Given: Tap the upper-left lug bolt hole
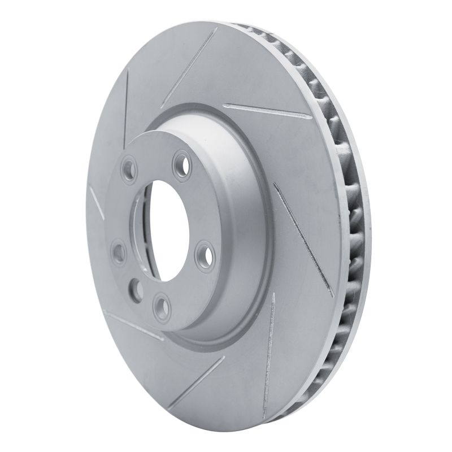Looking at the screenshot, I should pos(129,167).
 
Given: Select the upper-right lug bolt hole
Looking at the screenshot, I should pos(182,166).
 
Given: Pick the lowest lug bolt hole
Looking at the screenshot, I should pos(162,307).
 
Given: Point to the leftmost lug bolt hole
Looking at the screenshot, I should pos(119,251).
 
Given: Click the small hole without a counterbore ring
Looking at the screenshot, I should pos(136,289).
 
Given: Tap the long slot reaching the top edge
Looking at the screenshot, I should pos(189,68).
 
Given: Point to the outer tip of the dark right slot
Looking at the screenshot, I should pos(332,294).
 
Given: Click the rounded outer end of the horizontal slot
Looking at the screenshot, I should pos(310,117).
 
